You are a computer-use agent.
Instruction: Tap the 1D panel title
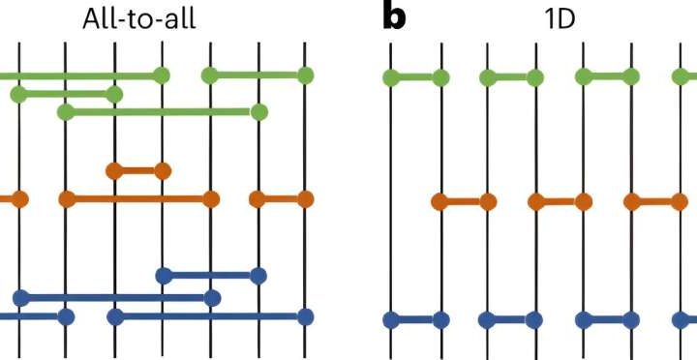(x=559, y=17)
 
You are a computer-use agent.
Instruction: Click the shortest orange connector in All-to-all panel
(x=137, y=171)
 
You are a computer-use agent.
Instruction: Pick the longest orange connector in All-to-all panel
(x=137, y=200)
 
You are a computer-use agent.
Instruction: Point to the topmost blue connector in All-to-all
(x=210, y=276)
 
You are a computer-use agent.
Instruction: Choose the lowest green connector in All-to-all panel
(x=162, y=112)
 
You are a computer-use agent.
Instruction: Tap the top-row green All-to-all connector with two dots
(x=257, y=75)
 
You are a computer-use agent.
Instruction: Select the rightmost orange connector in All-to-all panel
(x=281, y=200)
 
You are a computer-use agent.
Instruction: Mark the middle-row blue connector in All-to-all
(x=116, y=297)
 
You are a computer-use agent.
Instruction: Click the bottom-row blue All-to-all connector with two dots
(x=210, y=316)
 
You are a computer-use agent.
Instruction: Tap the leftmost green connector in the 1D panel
(x=415, y=77)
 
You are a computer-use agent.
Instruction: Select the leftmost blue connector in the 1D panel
(x=415, y=318)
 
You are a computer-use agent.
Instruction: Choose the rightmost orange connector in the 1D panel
(x=654, y=202)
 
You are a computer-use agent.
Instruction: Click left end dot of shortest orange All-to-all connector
(x=114, y=171)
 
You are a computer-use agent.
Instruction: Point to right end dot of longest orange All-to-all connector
(x=210, y=200)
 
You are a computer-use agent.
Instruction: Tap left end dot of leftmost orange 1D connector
(x=439, y=202)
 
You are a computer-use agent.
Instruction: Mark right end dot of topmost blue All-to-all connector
(x=258, y=276)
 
